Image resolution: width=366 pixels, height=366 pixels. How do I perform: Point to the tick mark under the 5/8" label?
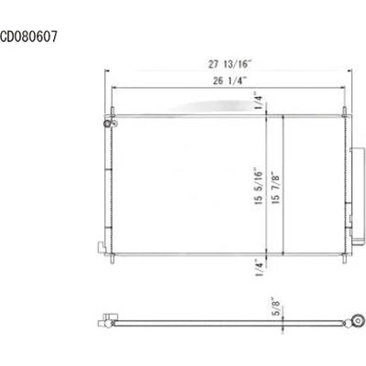[x=283, y=321]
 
